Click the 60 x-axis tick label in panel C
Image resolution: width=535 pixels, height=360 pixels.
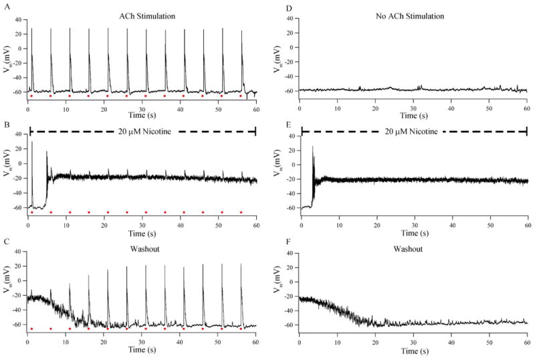256,341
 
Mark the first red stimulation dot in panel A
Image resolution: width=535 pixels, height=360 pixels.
31,96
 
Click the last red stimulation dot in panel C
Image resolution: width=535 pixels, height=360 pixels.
241,329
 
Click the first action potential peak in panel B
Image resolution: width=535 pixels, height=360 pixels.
31,143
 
